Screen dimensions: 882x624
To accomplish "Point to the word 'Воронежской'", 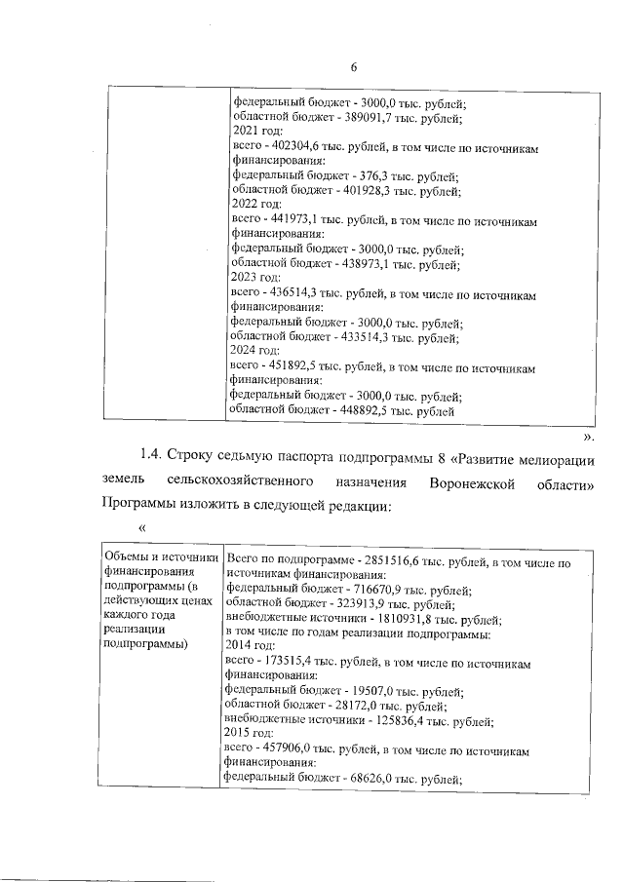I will click(x=468, y=482).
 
